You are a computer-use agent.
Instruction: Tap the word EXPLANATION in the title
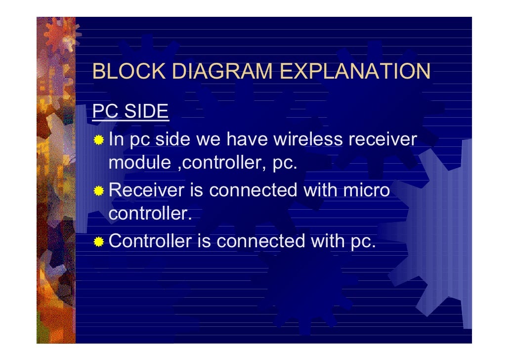(355, 72)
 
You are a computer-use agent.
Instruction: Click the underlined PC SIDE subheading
(130, 112)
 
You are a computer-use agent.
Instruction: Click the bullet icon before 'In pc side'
(99, 140)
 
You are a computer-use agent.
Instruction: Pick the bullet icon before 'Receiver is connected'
(99, 191)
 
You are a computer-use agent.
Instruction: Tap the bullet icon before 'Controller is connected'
(99, 242)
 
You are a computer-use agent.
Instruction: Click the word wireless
(308, 140)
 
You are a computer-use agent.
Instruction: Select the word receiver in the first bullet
(382, 140)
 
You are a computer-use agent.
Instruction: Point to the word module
(139, 163)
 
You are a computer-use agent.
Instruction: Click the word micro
(365, 190)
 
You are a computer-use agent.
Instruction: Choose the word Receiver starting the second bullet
(146, 190)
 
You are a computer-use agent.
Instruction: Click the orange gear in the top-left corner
(59, 35)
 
